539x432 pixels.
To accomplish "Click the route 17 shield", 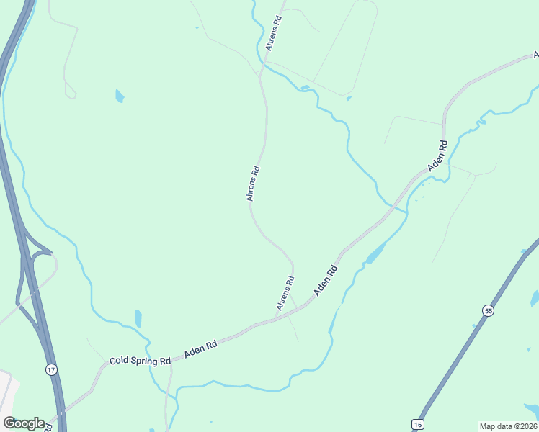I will point(50,369).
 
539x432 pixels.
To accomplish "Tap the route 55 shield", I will point(489,310).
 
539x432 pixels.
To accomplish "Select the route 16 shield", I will point(418,425).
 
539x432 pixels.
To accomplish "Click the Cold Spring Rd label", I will point(140,360).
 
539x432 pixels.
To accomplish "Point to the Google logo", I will point(24,423).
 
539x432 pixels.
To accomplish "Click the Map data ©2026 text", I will point(509,426).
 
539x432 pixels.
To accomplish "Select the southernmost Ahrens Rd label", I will point(285,294).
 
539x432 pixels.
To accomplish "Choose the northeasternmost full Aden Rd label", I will point(437,156).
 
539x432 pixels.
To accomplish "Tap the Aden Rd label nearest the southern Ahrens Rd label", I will point(326,281).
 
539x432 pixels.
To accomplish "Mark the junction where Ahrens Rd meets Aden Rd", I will point(277,318).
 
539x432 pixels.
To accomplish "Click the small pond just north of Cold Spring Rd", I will point(138,318).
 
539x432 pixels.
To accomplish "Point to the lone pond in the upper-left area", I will point(120,96).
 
